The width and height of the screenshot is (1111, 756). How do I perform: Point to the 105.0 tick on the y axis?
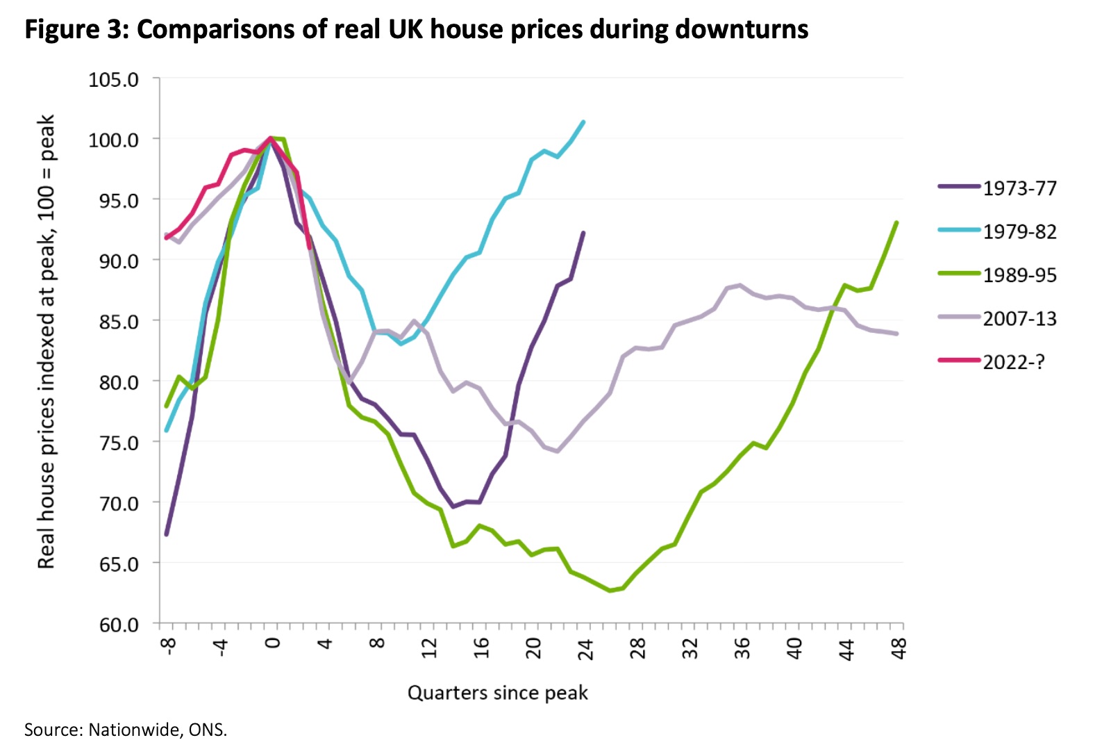pyautogui.click(x=113, y=80)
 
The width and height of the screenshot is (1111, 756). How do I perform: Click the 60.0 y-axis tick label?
pyautogui.click(x=113, y=625)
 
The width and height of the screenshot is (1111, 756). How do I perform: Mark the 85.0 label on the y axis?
pyautogui.click(x=113, y=322)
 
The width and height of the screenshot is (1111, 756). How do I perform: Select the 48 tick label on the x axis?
pyautogui.click(x=899, y=650)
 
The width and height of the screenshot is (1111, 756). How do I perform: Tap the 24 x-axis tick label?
pyautogui.click(x=585, y=650)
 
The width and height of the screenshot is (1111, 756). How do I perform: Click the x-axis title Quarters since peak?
pyautogui.click(x=497, y=693)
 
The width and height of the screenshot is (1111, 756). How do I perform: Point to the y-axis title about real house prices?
pyautogui.click(x=46, y=342)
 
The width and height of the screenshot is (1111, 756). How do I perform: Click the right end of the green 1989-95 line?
pyautogui.click(x=897, y=222)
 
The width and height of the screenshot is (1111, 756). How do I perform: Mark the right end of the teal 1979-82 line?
pyautogui.click(x=583, y=122)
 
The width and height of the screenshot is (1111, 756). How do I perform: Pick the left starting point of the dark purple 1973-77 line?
pyautogui.click(x=167, y=534)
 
